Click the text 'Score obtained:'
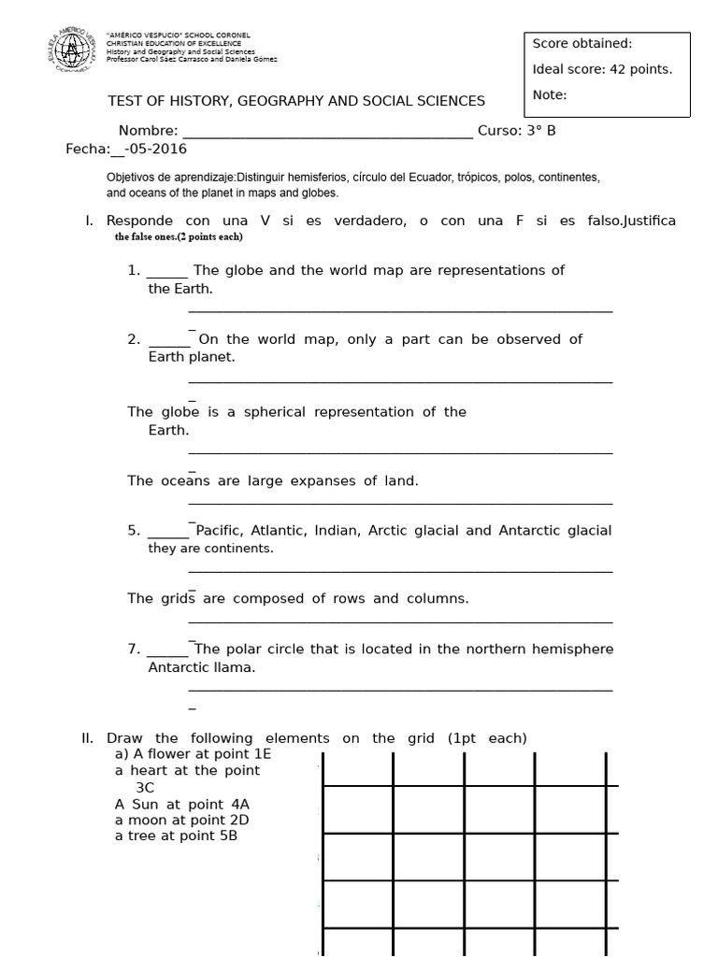(x=582, y=43)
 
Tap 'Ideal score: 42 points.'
(x=602, y=69)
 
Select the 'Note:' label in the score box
(x=550, y=94)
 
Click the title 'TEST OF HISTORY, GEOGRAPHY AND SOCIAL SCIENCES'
(x=296, y=101)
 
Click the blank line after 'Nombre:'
(x=327, y=132)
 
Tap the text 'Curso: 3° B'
(x=516, y=131)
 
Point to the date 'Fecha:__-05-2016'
(x=126, y=150)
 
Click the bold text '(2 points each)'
(x=208, y=237)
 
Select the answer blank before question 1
(x=168, y=271)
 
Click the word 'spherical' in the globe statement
(x=275, y=412)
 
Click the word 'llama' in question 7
(x=235, y=668)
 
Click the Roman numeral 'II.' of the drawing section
(x=90, y=738)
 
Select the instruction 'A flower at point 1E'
(x=193, y=754)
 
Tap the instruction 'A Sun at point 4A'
(x=182, y=804)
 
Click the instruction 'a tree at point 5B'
(x=176, y=836)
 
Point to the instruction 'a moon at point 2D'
(x=181, y=821)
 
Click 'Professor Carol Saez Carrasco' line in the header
(x=193, y=59)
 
